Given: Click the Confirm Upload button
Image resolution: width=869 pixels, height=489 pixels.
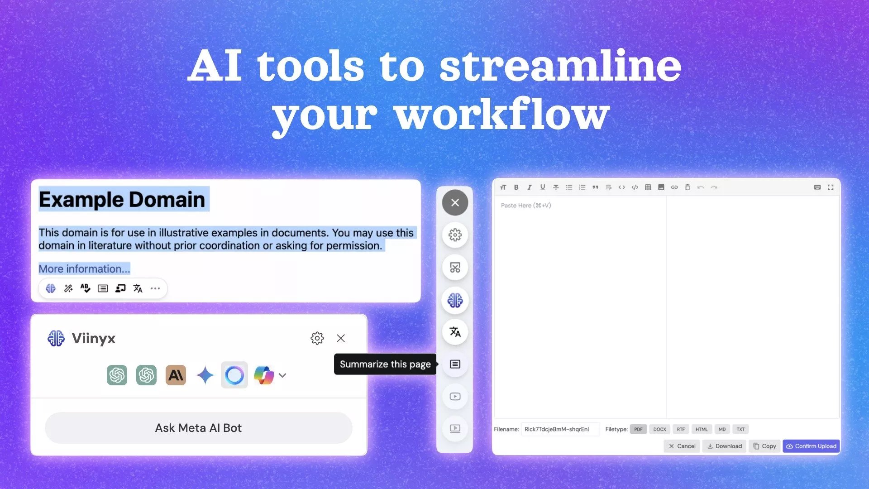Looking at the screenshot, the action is pyautogui.click(x=811, y=446).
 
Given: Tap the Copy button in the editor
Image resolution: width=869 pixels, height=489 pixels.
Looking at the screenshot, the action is pyautogui.click(x=764, y=446).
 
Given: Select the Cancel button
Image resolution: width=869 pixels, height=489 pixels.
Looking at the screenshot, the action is pyautogui.click(x=682, y=446).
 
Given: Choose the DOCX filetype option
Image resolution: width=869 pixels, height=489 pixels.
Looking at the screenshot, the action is pyautogui.click(x=659, y=429).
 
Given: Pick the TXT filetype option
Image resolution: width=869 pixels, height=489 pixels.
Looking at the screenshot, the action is pyautogui.click(x=740, y=429).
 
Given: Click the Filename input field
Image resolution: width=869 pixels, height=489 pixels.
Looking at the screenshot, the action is pyautogui.click(x=560, y=429).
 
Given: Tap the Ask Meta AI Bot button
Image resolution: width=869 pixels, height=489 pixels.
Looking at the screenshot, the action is pyautogui.click(x=198, y=428).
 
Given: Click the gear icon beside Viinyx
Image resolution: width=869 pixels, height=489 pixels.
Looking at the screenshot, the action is pyautogui.click(x=317, y=338).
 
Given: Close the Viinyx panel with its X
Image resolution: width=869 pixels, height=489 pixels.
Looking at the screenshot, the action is pyautogui.click(x=341, y=338).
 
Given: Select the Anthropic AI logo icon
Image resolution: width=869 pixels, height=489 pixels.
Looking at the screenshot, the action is pyautogui.click(x=176, y=375).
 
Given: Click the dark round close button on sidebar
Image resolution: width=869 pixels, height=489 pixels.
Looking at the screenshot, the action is pyautogui.click(x=455, y=203).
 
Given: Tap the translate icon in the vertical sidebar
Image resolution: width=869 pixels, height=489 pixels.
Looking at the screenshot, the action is pyautogui.click(x=455, y=332).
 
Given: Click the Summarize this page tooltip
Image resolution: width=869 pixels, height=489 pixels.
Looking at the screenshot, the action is pyautogui.click(x=385, y=364).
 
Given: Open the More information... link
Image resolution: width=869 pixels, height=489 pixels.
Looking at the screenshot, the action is pyautogui.click(x=84, y=269).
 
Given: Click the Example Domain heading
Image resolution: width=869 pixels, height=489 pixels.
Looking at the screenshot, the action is pyautogui.click(x=122, y=200).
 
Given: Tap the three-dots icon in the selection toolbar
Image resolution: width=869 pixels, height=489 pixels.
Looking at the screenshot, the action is pyautogui.click(x=155, y=288).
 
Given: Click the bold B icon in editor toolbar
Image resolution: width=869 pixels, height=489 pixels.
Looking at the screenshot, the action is pyautogui.click(x=516, y=187).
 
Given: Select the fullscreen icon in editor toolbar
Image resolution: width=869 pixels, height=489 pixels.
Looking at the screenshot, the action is pyautogui.click(x=831, y=187).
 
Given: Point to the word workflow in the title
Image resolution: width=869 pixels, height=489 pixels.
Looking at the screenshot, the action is pyautogui.click(x=502, y=115).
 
